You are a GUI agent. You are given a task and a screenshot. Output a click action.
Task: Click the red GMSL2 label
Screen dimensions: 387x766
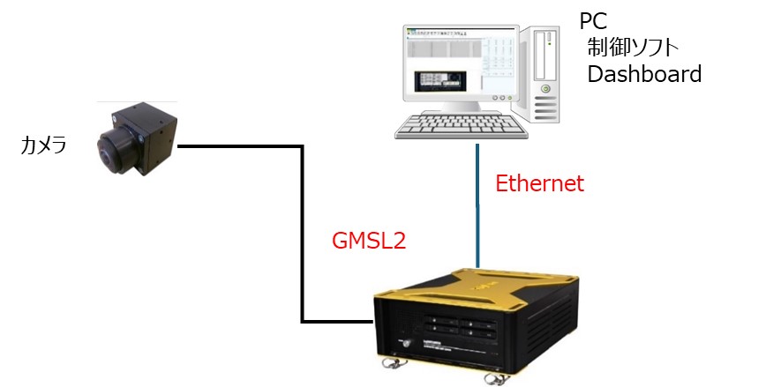[368, 241]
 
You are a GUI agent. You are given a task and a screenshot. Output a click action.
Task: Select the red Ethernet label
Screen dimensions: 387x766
[539, 183]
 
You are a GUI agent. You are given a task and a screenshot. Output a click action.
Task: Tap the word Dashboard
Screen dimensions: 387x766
[644, 74]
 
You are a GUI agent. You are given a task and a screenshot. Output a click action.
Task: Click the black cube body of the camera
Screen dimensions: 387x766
[154, 132]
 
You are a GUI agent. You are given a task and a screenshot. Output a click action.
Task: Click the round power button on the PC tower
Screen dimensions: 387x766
[546, 89]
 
